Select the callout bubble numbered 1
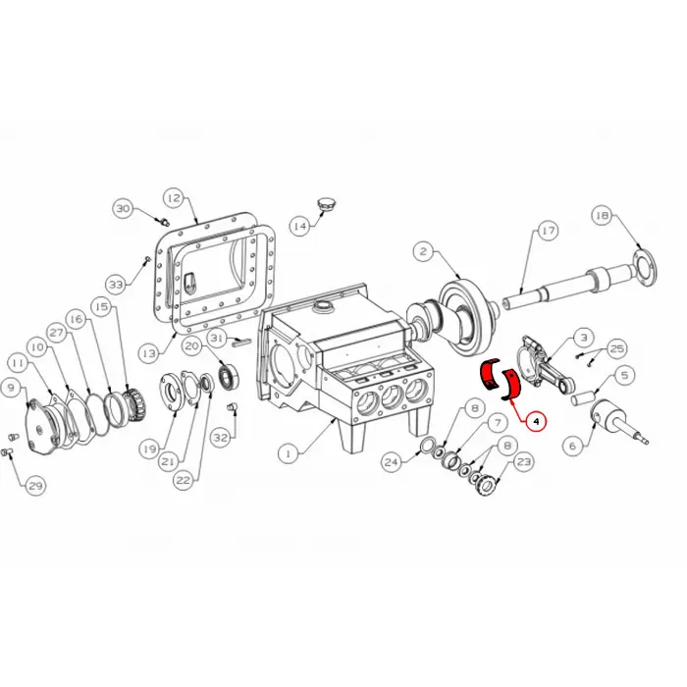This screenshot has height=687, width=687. pyautogui.click(x=287, y=453)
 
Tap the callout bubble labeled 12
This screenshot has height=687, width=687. pyautogui.click(x=173, y=197)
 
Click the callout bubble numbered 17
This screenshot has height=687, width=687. pyautogui.click(x=547, y=231)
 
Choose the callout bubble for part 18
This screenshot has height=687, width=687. pyautogui.click(x=602, y=214)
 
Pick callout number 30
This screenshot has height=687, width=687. pyautogui.click(x=123, y=208)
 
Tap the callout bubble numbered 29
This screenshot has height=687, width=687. pyautogui.click(x=35, y=486)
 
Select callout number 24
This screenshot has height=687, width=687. pyautogui.click(x=391, y=461)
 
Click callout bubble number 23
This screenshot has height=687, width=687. pyautogui.click(x=523, y=461)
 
